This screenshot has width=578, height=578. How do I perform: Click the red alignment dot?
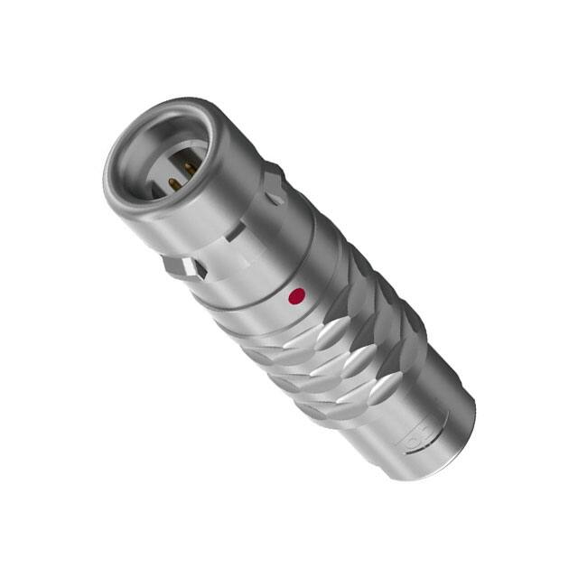pyautogui.click(x=295, y=295)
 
